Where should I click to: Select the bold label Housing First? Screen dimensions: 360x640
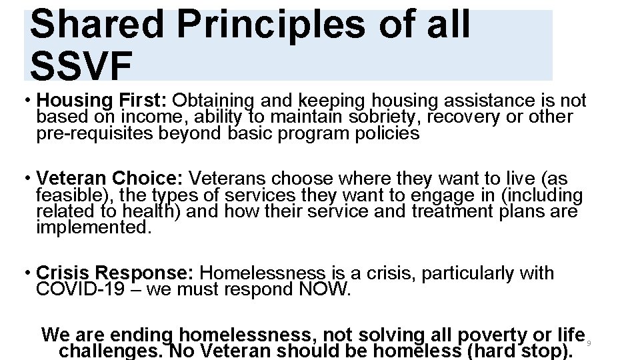[102, 101]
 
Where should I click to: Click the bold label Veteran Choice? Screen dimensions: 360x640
[111, 179]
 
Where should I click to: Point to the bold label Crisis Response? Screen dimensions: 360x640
[115, 273]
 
